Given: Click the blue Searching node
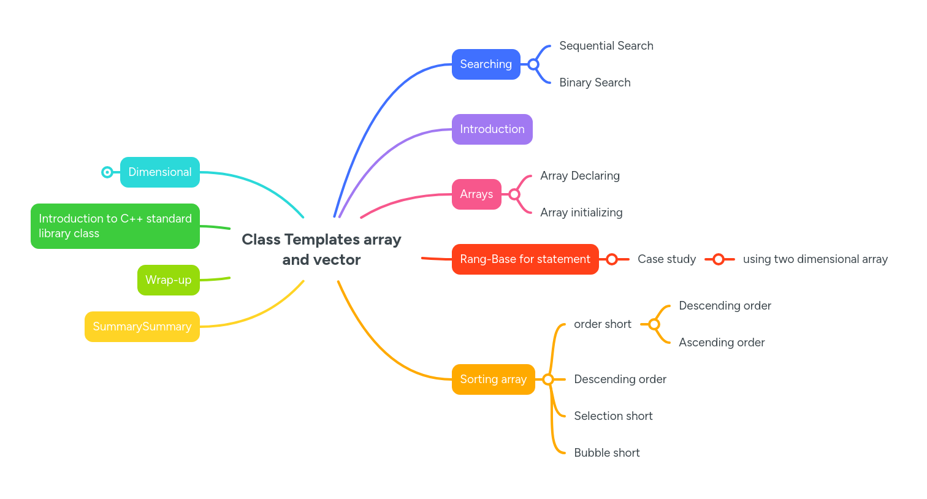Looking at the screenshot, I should click(486, 64).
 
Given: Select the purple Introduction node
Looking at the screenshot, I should click(492, 129).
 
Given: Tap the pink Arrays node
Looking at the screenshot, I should click(476, 194).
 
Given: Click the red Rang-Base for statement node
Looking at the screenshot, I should click(525, 259).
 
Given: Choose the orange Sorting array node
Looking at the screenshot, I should click(493, 379).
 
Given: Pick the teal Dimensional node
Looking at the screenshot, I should click(159, 172).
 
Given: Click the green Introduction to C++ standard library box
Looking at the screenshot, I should click(115, 226).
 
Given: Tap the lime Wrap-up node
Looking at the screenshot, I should click(168, 280).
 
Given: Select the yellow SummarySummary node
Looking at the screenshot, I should click(142, 327).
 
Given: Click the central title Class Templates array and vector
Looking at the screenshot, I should click(321, 250).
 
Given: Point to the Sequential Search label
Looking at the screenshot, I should click(606, 46).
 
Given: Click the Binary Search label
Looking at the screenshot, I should click(595, 83).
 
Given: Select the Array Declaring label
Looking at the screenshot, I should click(579, 176).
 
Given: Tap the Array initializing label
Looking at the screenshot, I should click(581, 213).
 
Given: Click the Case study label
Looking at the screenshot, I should click(666, 259).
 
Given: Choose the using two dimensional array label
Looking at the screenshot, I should click(815, 259).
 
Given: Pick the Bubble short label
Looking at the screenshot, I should click(606, 453).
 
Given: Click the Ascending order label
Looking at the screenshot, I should click(721, 343).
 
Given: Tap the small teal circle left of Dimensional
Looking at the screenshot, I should click(107, 172).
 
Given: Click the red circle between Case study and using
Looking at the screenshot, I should click(719, 259).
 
